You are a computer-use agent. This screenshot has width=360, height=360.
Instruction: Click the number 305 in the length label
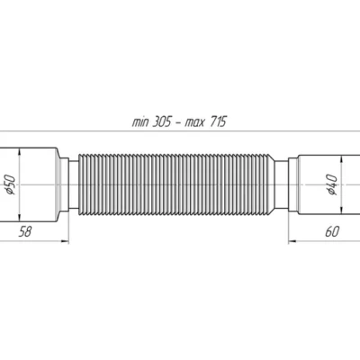162,122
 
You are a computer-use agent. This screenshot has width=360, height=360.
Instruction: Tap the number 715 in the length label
218,122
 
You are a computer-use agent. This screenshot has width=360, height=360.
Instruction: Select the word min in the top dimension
140,122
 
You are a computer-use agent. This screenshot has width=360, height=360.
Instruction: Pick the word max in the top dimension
194,123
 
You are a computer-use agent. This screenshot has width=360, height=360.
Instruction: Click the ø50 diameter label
11,184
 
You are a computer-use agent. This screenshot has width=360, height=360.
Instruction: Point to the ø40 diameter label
332,184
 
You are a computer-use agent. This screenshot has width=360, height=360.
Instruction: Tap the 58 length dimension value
25,231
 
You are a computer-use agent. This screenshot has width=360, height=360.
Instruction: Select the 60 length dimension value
332,231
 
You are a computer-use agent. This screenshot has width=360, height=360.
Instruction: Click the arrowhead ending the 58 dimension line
66,240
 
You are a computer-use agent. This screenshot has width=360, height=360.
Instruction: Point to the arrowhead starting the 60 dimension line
292,240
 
